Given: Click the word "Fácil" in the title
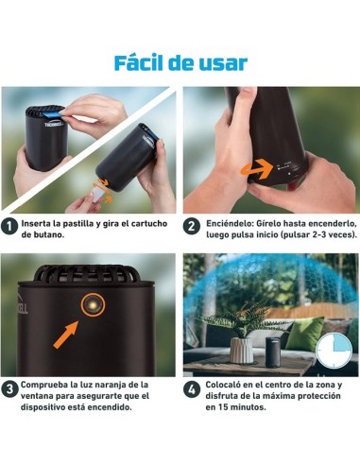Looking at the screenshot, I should (x=143, y=63).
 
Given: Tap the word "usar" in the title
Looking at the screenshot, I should (x=223, y=63).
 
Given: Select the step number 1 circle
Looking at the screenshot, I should (x=10, y=227).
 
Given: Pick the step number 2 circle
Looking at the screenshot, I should (x=192, y=227).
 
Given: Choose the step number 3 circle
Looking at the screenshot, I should (x=10, y=389).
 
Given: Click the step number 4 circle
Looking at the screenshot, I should (x=192, y=389).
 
